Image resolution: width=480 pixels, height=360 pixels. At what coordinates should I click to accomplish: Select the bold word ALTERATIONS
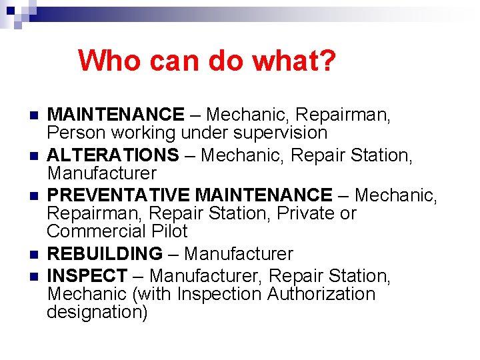point(113,155)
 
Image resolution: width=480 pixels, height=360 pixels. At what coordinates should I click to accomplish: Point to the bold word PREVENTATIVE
point(118,195)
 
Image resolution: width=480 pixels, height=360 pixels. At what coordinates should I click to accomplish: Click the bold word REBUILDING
point(105,254)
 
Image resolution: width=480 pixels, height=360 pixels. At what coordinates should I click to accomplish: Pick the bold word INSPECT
point(87,275)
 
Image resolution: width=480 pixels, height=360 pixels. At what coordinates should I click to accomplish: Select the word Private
point(299,213)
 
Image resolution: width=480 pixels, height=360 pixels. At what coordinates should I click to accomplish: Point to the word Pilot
point(171,231)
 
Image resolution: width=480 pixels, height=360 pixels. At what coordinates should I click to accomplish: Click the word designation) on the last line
point(97,313)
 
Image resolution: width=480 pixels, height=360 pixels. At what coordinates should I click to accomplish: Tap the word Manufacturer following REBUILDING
point(238,254)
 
